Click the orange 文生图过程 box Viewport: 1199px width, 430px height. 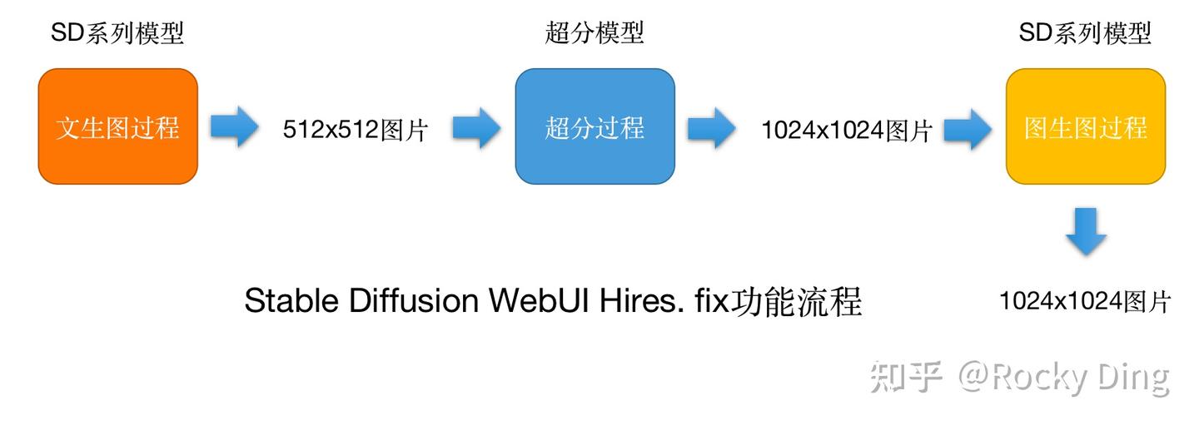(x=117, y=126)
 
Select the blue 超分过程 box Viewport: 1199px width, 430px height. (x=595, y=126)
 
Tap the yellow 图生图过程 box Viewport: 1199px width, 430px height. (x=1085, y=126)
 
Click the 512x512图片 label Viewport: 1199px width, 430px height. (x=355, y=130)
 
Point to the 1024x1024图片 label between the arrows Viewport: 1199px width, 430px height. (x=846, y=130)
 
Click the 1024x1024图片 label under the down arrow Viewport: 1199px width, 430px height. (x=1085, y=301)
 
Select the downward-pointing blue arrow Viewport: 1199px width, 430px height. (x=1086, y=232)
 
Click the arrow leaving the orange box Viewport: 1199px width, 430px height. (x=235, y=127)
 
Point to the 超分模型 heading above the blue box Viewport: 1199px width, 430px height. (x=595, y=33)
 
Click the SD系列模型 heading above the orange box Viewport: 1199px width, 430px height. (x=117, y=33)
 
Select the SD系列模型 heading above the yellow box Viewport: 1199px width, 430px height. (x=1085, y=33)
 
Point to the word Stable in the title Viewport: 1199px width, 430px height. (x=292, y=301)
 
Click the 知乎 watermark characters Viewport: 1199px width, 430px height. (x=907, y=377)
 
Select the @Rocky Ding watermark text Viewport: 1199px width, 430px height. (x=1063, y=378)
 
